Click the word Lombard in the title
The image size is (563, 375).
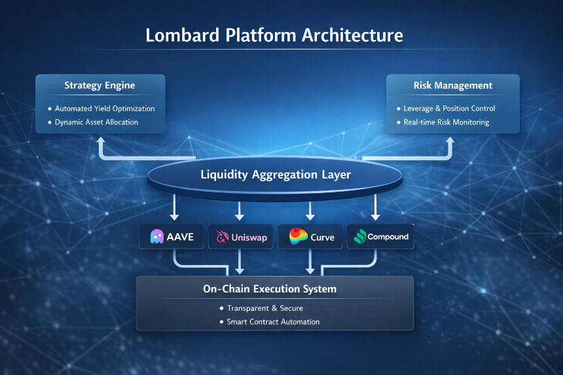[183, 35]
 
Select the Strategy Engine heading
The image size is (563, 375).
[100, 86]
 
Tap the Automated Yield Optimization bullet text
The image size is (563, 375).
[105, 109]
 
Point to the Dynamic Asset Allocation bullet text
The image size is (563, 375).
[96, 122]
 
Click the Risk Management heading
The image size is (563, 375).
[453, 86]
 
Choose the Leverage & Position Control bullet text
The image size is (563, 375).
[449, 109]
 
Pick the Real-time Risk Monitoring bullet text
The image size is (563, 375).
[446, 122]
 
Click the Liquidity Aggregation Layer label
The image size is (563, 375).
[276, 175]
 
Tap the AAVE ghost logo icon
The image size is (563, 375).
[157, 237]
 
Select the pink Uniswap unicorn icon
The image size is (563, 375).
[223, 236]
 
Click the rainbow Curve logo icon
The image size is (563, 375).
[299, 236]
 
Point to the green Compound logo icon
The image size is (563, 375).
[360, 236]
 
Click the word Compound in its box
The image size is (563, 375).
[388, 237]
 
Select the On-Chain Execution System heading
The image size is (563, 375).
[270, 289]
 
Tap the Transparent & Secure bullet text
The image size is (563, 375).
[265, 308]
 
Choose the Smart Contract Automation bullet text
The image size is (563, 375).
[273, 322]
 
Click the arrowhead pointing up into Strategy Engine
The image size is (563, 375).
[101, 141]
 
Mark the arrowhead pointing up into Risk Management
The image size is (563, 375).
[450, 141]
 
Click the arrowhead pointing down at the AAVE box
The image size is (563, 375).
[174, 216]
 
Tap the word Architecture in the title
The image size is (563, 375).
[352, 35]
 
